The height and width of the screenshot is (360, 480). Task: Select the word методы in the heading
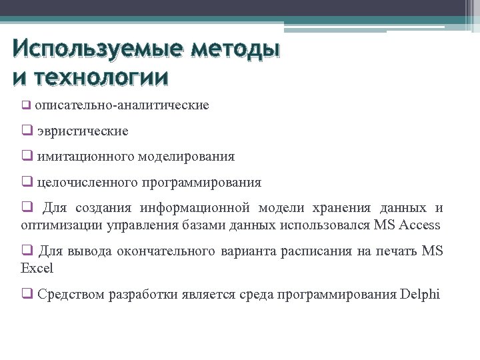click(234, 49)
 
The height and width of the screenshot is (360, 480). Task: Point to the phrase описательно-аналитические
click(122, 105)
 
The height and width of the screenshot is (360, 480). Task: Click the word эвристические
click(83, 131)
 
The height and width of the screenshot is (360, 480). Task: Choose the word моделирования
click(187, 157)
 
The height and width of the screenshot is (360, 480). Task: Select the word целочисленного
click(87, 182)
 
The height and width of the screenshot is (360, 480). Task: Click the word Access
click(419, 225)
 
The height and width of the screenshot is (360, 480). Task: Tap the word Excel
click(37, 268)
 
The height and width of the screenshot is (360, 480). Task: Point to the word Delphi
click(421, 294)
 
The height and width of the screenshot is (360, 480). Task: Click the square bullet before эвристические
click(27, 131)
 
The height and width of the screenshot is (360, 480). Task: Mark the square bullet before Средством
click(27, 294)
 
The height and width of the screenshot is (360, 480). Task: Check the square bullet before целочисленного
click(27, 182)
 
